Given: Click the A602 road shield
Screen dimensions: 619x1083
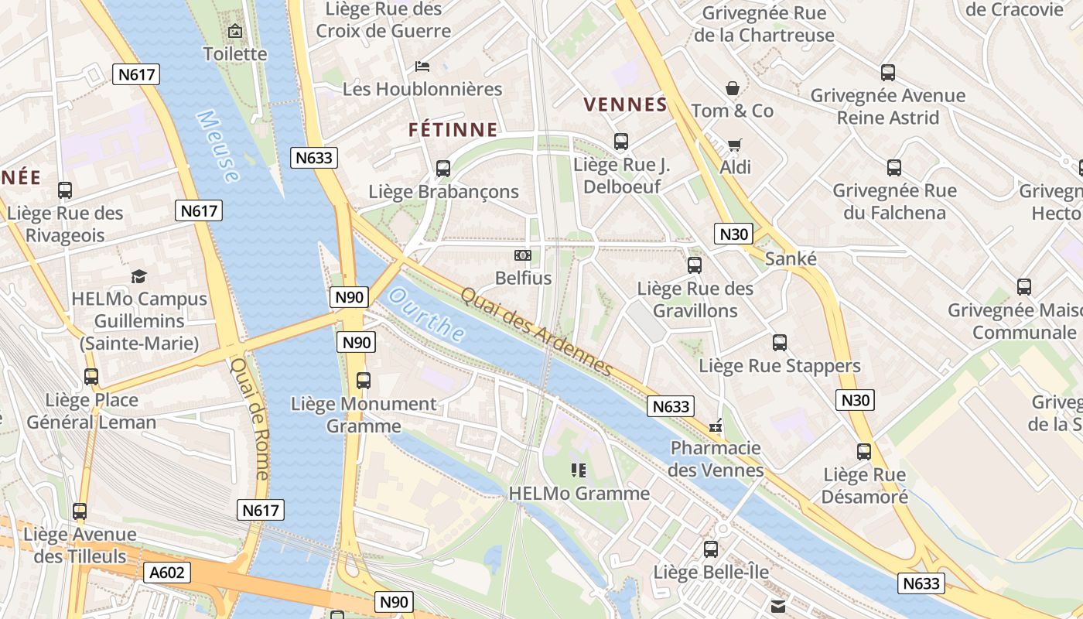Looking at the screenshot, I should click(166, 573).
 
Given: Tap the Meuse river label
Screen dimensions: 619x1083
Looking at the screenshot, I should click(217, 145).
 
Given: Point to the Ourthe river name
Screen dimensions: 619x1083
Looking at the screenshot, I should click(427, 316).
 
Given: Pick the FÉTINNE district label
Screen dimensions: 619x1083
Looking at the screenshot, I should click(453, 129).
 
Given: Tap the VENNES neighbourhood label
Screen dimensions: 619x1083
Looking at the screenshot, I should click(625, 104).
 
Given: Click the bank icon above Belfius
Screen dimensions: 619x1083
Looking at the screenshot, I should click(523, 255).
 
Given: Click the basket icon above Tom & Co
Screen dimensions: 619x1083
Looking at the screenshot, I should click(732, 88).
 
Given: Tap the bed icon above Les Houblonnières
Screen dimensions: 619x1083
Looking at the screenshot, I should click(422, 67).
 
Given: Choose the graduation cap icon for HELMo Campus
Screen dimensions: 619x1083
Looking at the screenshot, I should click(139, 276).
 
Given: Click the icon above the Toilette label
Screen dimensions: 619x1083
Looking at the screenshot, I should click(235, 32).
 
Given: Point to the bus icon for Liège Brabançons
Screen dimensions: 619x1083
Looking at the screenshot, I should click(443, 168).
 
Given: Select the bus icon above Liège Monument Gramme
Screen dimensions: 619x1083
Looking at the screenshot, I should click(364, 381).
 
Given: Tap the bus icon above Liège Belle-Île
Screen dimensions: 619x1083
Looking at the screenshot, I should click(711, 549).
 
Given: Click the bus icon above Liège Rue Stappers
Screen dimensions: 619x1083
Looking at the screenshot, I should click(780, 343).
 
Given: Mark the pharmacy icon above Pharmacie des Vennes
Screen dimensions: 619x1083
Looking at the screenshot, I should click(716, 426).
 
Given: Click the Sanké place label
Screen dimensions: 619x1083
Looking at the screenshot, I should click(791, 259).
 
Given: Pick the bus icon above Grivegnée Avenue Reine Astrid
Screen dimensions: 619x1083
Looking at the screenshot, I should click(888, 73).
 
